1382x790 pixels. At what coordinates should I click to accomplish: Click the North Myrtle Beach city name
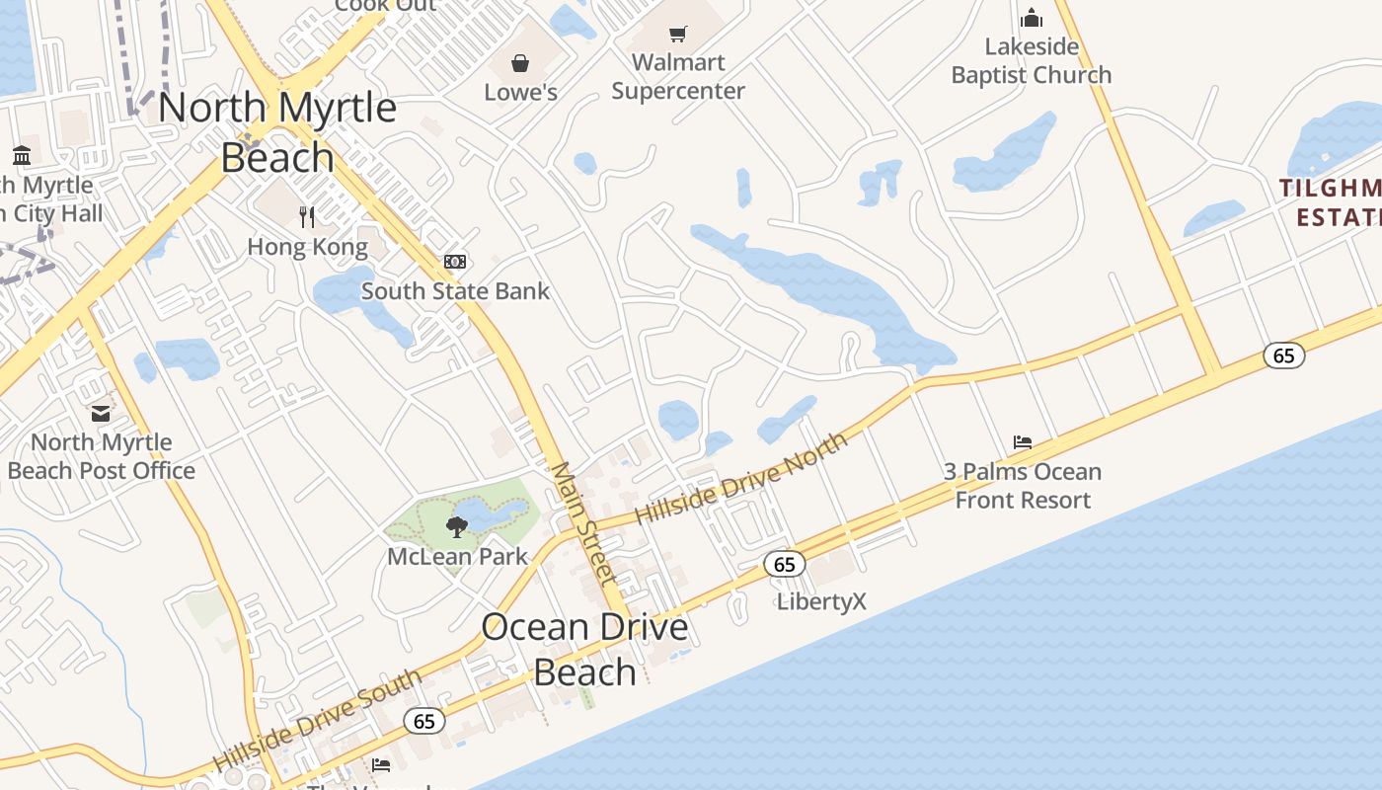277,132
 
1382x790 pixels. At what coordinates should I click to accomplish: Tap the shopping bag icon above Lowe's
520,64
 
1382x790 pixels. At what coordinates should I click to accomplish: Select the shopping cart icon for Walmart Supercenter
677,35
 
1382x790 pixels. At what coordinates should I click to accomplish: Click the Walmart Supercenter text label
678,77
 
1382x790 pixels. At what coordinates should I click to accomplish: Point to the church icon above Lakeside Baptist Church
1032,18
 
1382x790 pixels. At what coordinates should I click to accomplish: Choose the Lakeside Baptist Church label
1032,61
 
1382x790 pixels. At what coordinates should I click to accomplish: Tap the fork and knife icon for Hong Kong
307,216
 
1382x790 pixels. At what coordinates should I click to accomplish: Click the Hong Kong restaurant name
307,247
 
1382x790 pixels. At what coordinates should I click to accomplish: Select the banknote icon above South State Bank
455,262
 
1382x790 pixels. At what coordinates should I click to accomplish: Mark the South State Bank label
455,291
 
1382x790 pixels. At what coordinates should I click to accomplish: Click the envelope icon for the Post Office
101,413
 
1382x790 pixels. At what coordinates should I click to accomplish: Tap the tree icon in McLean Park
456,527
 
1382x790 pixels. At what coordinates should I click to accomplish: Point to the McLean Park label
457,556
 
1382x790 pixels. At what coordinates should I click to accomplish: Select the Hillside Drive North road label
740,478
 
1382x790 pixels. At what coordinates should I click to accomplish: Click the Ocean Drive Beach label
584,649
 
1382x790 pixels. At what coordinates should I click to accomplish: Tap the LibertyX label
821,601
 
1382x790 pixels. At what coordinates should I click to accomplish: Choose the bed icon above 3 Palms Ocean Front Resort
1023,442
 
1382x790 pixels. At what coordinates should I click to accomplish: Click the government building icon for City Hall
22,155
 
